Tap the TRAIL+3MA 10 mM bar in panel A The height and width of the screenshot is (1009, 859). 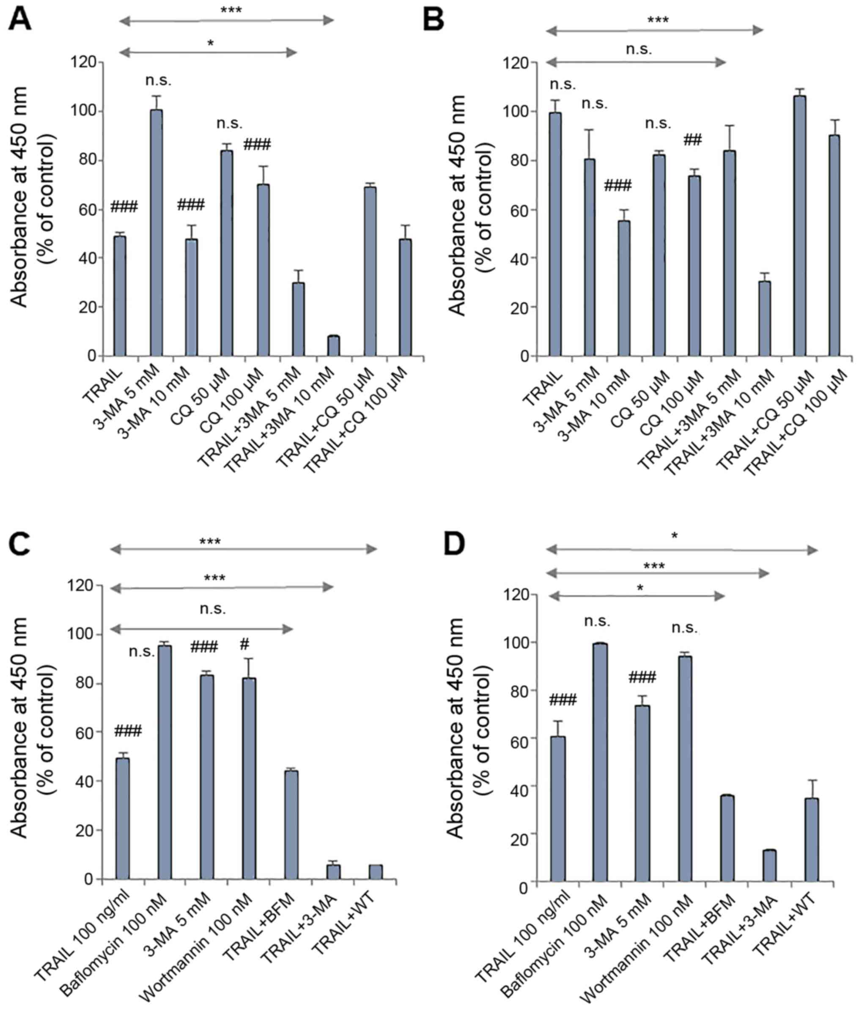click(x=334, y=346)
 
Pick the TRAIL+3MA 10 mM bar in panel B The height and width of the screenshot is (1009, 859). click(x=764, y=318)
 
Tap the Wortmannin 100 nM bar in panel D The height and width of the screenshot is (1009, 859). click(x=685, y=769)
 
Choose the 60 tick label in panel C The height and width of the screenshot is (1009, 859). click(x=83, y=732)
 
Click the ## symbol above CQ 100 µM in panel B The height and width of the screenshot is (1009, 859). click(x=692, y=141)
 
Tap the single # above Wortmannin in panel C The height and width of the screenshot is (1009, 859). click(x=244, y=645)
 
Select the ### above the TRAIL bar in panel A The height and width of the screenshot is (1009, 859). click(x=124, y=206)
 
